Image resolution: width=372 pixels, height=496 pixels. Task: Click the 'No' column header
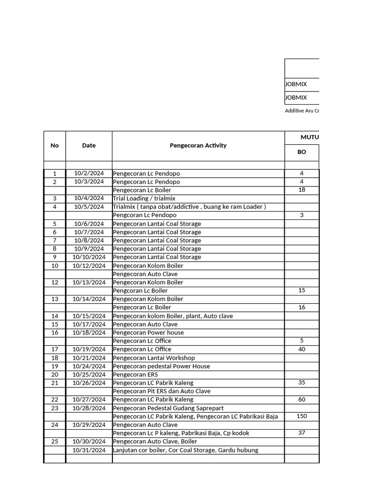coord(55,145)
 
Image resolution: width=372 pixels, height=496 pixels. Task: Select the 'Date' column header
coord(89,145)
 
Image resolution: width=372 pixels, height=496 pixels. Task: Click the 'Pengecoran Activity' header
coord(198,145)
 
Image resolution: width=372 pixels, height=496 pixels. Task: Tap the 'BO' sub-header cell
coord(302,152)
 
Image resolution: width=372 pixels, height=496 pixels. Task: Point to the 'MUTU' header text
coord(310,138)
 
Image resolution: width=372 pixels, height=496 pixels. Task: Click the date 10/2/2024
coord(89,173)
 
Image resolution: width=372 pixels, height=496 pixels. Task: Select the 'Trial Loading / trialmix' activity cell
coord(144,199)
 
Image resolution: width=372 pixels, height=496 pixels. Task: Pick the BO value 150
coord(302,416)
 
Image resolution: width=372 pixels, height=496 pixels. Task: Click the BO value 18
coord(302,190)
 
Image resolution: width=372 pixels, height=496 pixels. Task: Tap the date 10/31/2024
coord(89,450)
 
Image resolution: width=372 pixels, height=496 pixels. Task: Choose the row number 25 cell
coord(55,442)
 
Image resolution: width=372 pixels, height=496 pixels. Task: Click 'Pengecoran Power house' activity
coord(148,333)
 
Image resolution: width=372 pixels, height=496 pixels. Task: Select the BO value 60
coord(302,400)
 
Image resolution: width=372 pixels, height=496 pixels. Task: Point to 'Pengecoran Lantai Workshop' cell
coord(154,358)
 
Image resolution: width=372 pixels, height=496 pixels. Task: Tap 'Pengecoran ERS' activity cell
coord(136,374)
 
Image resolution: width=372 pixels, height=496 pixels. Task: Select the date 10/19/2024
coord(89,349)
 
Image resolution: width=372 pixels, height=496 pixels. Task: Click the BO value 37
coord(302,433)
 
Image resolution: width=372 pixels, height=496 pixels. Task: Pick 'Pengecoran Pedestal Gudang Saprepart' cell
coord(168,408)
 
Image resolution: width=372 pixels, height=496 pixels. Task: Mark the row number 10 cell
coord(55,266)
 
